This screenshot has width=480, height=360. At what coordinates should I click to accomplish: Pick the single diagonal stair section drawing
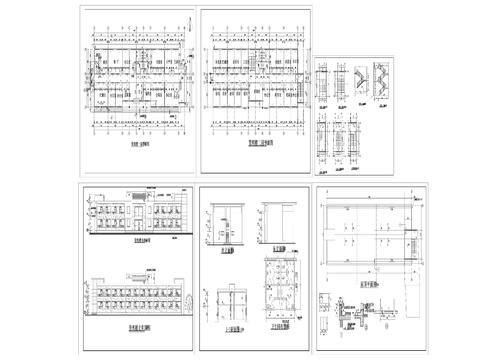pos(357,79)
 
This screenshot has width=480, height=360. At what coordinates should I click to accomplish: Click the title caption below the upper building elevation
pos(139,240)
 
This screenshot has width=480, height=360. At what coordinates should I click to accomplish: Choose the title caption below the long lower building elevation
pos(139,326)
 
